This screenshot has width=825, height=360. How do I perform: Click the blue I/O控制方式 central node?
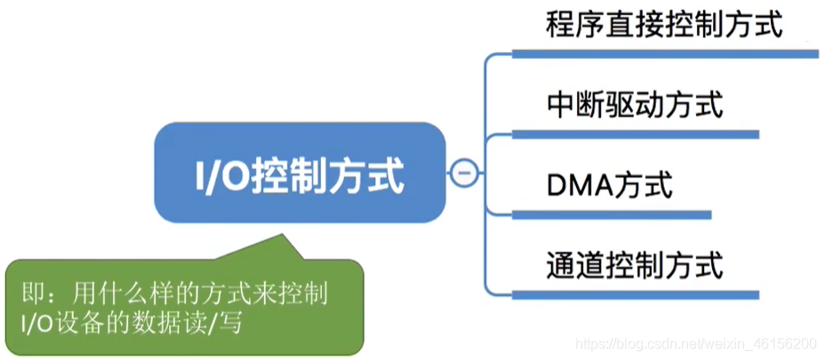click(300, 173)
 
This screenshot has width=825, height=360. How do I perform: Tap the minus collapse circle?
click(462, 173)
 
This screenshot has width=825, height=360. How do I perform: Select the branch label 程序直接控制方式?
click(663, 24)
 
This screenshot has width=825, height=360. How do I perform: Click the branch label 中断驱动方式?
click(634, 105)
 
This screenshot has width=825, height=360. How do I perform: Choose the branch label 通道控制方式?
click(634, 265)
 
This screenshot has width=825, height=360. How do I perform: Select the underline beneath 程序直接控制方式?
click(663, 54)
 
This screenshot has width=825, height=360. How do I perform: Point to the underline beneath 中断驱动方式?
click(634, 135)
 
